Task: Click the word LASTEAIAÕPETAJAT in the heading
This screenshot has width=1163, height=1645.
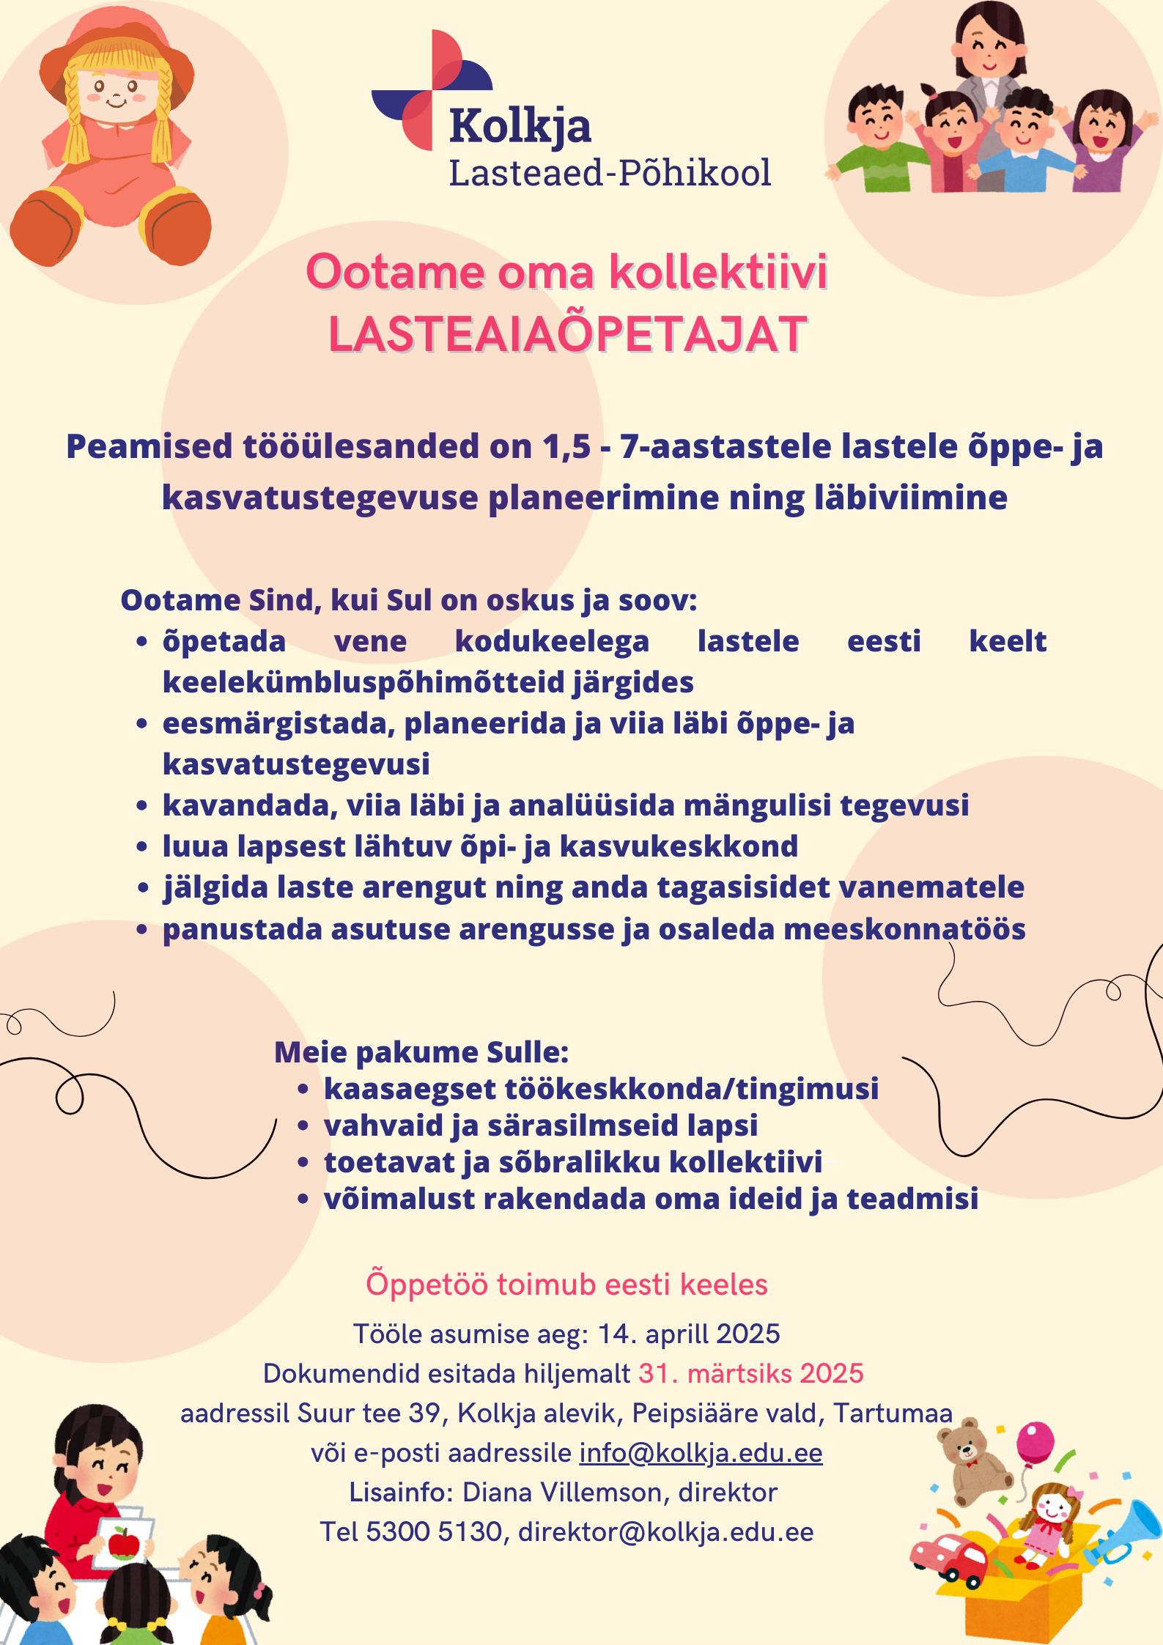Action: coord(567,335)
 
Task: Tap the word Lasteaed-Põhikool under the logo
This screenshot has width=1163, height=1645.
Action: coord(610,174)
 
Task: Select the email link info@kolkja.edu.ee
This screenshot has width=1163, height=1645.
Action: coord(701,1453)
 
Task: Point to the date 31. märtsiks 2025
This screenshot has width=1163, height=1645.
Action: coord(750,1373)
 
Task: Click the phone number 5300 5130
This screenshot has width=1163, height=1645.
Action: coord(433,1531)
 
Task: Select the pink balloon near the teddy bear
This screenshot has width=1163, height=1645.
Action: coord(1035,1441)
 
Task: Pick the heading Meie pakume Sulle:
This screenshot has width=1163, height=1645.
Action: coord(421,1052)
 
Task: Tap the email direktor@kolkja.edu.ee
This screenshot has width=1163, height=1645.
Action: coord(665,1531)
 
